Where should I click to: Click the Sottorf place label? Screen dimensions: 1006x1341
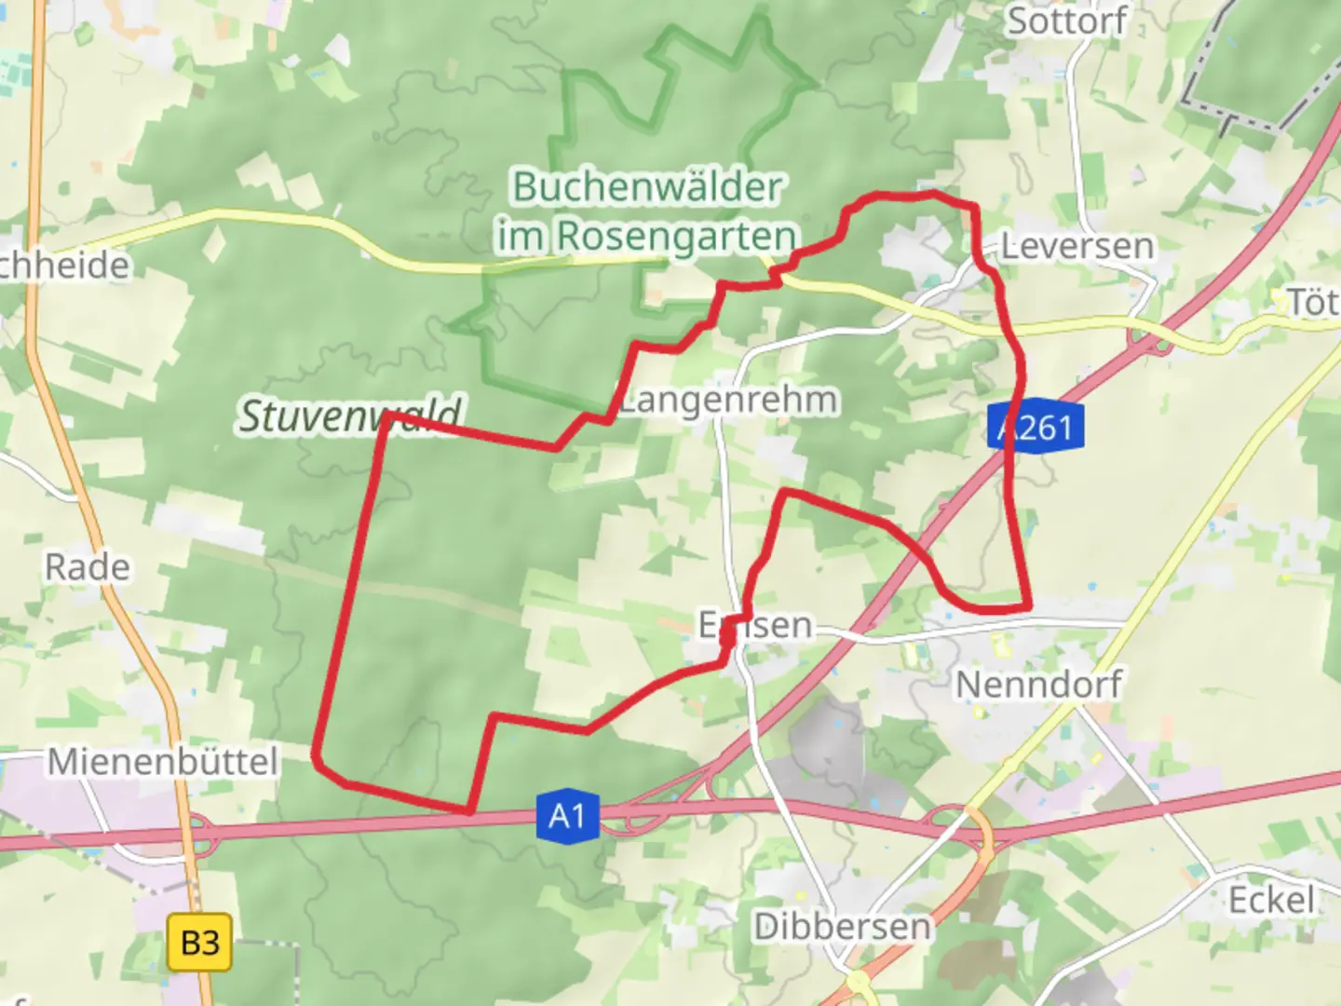pyautogui.click(x=1067, y=20)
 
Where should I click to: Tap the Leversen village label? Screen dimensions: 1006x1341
pyautogui.click(x=1077, y=247)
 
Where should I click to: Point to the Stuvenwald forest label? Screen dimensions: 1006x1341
pyautogui.click(x=350, y=415)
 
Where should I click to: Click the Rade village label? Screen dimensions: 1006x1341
pyautogui.click(x=88, y=566)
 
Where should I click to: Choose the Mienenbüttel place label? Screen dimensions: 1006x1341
pyautogui.click(x=163, y=762)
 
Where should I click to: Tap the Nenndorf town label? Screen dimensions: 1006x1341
pyautogui.click(x=1038, y=685)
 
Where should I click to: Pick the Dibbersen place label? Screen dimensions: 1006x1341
pyautogui.click(x=842, y=927)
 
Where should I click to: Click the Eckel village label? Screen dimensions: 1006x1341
pyautogui.click(x=1271, y=901)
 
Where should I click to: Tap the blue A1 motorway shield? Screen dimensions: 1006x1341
pyautogui.click(x=567, y=817)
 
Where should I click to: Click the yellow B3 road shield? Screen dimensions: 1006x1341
pyautogui.click(x=199, y=943)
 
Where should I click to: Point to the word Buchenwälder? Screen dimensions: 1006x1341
pyautogui.click(x=647, y=187)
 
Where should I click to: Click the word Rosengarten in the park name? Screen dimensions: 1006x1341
pyautogui.click(x=677, y=237)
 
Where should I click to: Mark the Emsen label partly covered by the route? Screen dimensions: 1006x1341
pyautogui.click(x=755, y=625)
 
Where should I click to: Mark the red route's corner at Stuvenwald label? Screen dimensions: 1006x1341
pyautogui.click(x=384, y=418)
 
